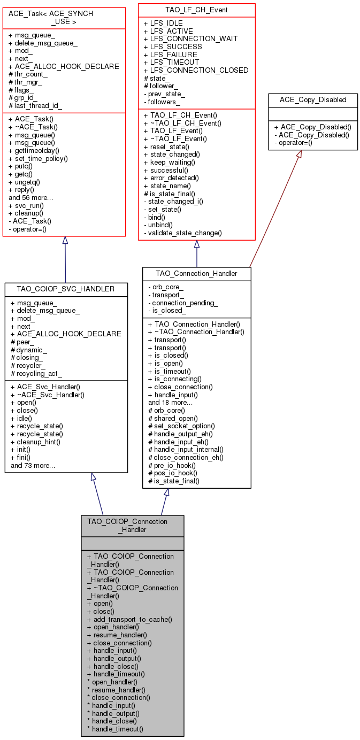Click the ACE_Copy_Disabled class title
313,99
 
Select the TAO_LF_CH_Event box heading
196,10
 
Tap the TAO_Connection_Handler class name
196,273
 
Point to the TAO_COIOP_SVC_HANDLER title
66,289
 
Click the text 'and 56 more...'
30,197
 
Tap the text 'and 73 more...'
33,465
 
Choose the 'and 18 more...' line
171,402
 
